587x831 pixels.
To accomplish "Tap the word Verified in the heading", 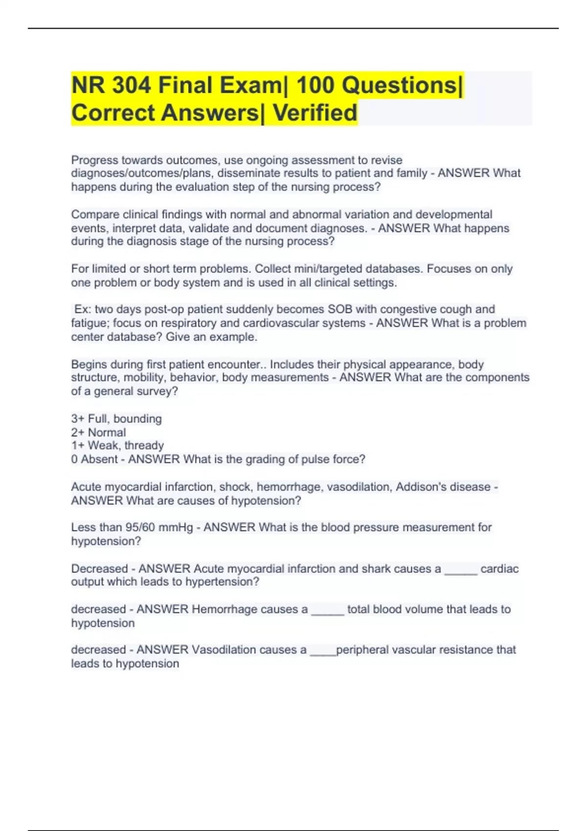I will point(315,113).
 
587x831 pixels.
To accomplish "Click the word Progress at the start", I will point(94,160).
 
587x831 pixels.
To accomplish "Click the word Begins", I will point(89,364).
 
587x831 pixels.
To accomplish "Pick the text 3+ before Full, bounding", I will point(78,419).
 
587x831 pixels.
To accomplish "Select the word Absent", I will point(99,459).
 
